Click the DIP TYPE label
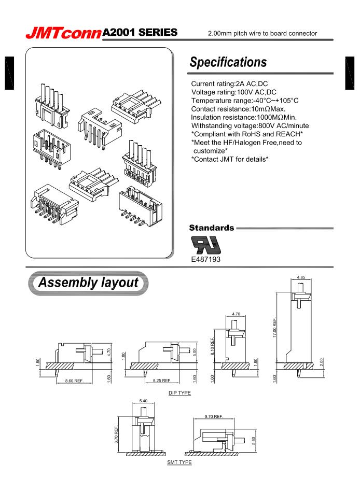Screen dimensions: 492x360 coord(179,393)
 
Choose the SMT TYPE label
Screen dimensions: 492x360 coord(179,462)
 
